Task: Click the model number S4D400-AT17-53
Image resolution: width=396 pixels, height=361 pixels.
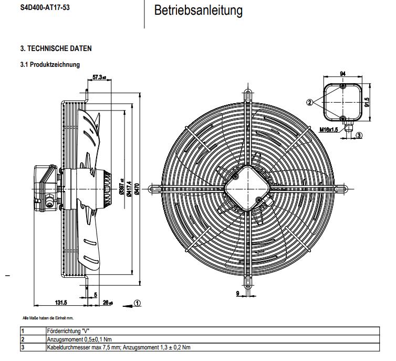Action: (x=45, y=9)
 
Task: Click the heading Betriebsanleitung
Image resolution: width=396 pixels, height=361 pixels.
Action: (x=198, y=11)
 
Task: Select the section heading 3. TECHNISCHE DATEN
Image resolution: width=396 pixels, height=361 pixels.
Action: (x=56, y=48)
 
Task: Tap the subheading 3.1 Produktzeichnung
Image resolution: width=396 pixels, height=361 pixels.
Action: (x=50, y=65)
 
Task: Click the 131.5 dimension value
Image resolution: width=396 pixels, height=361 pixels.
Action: (x=61, y=303)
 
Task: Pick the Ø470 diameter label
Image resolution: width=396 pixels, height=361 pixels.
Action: (x=137, y=188)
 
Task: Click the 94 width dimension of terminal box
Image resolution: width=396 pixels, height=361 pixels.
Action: (x=342, y=73)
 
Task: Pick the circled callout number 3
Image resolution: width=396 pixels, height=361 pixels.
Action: (x=359, y=135)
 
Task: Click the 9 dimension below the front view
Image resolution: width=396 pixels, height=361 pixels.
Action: (x=238, y=293)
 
